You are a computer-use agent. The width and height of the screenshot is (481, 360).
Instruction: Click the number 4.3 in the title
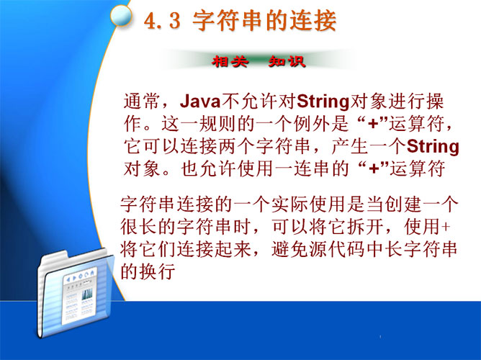coord(162,22)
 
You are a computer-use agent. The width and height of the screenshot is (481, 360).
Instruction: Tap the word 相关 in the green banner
coord(230,61)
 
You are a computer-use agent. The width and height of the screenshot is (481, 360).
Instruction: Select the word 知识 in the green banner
coord(287,61)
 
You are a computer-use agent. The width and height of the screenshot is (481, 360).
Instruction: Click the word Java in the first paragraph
coord(200,102)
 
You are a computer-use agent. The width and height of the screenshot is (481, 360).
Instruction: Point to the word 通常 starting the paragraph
coord(142,102)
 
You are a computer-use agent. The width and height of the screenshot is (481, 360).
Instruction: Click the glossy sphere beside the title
coord(121,15)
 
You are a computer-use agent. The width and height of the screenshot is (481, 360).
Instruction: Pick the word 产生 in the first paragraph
coord(350,146)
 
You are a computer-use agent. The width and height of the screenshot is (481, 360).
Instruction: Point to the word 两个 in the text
coord(237,146)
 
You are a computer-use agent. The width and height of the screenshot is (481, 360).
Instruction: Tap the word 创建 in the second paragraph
coord(403,204)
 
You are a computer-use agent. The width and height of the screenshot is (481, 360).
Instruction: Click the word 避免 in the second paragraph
coord(290,249)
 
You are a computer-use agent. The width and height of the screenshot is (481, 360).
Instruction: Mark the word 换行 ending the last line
coord(158,271)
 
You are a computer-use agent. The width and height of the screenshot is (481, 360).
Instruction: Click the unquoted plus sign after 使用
coord(446,227)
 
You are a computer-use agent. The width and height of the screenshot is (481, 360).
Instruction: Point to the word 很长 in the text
coord(139,227)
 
